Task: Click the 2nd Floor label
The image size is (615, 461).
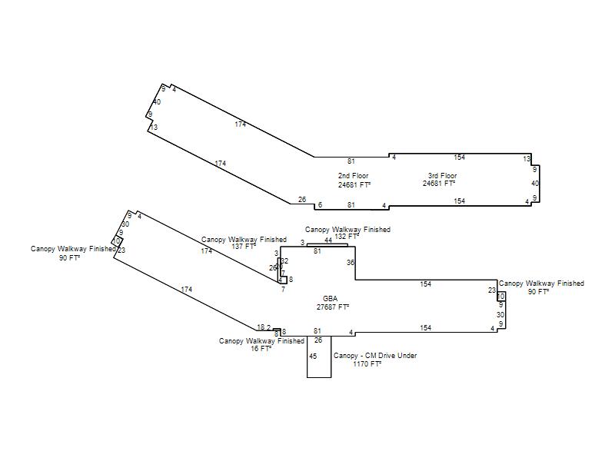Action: point(354,176)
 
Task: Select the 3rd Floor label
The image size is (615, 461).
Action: point(442,176)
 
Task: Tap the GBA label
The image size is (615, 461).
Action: point(330,298)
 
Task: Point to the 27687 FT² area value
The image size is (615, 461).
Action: point(333,307)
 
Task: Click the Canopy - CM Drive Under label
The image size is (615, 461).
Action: point(375,356)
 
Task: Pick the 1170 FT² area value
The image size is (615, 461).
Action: point(367,364)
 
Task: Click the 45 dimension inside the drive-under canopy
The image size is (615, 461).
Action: point(313,357)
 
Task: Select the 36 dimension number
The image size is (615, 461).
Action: point(351,263)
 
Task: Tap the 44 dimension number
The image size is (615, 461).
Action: point(328,240)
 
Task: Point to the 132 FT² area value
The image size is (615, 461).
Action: point(346,237)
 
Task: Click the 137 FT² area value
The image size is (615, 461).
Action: point(244,247)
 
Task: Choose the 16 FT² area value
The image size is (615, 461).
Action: point(261,348)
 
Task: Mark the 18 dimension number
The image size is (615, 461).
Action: point(261,327)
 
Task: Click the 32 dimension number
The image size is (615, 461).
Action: point(284,261)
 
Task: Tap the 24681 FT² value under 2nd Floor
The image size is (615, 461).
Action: point(354,184)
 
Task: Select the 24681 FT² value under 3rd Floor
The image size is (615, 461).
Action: point(438,184)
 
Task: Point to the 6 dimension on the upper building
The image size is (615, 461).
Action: point(320,205)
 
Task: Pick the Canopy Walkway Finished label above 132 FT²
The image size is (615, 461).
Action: point(347,229)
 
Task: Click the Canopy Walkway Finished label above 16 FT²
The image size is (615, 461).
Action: point(261,340)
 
